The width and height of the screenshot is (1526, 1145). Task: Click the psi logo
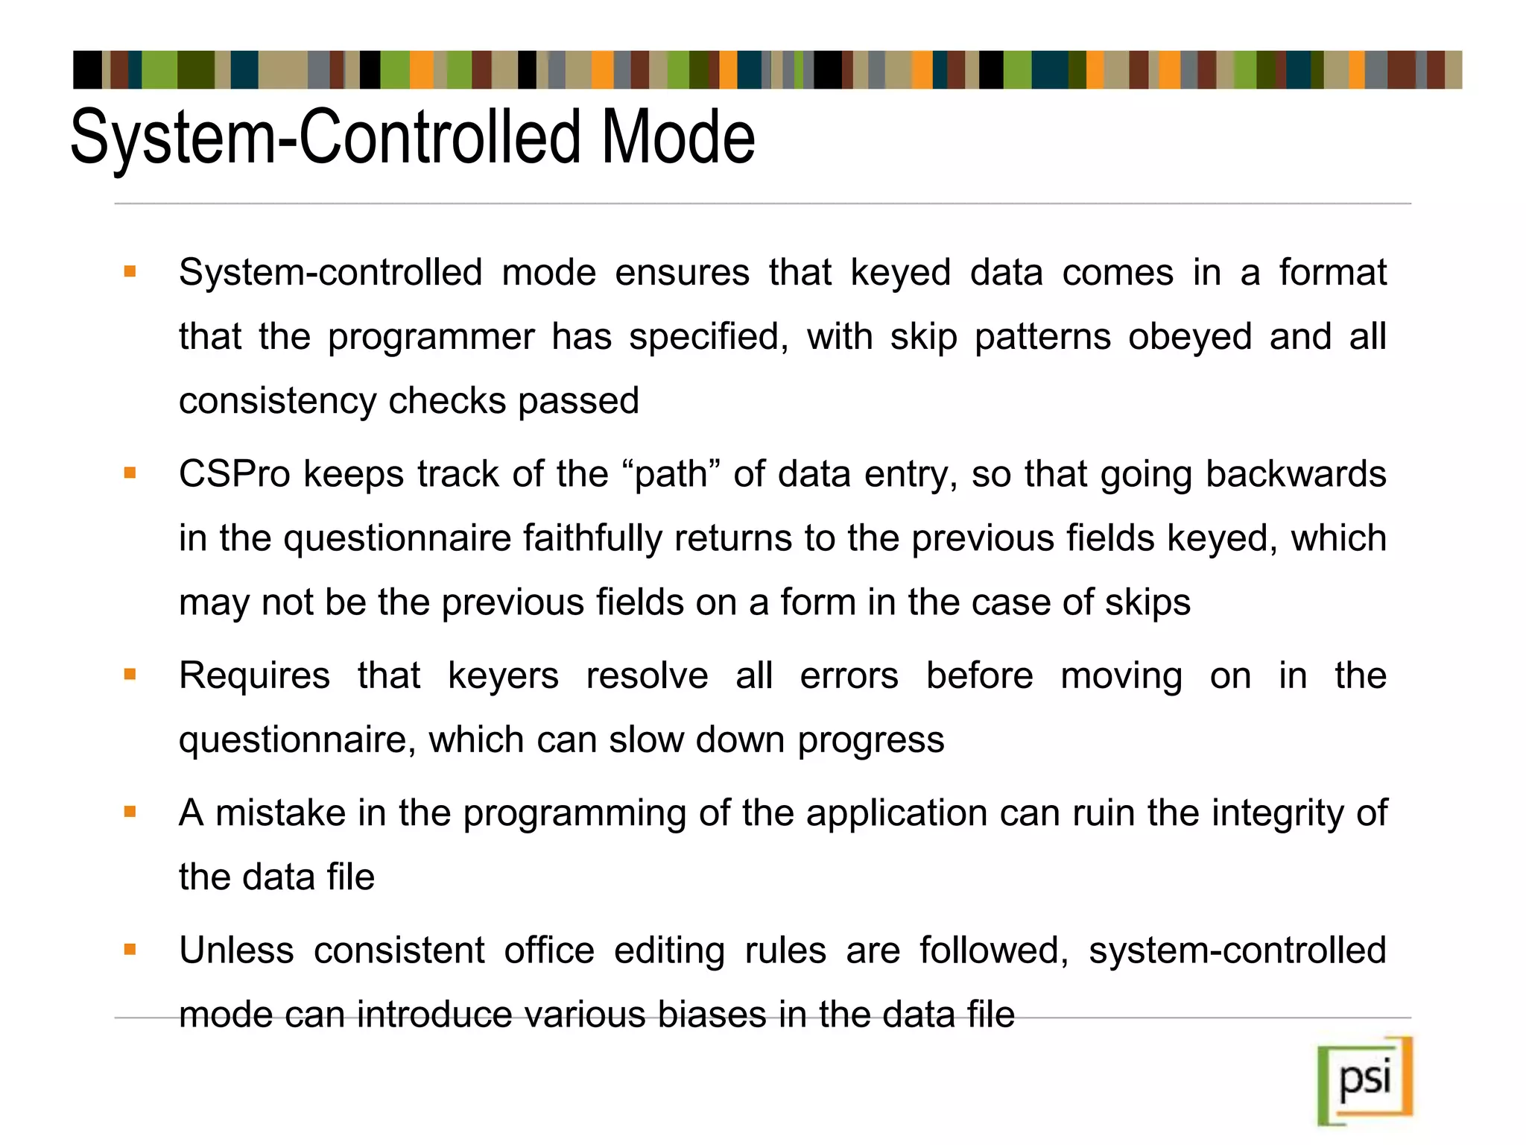[1365, 1080]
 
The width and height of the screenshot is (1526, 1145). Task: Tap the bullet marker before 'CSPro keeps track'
[130, 473]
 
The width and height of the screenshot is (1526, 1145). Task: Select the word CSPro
[234, 474]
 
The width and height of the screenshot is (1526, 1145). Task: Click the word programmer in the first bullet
[431, 337]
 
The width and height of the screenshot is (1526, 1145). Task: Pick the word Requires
[254, 676]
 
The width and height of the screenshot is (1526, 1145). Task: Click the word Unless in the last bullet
[236, 951]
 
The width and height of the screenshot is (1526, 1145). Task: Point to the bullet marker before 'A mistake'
[130, 812]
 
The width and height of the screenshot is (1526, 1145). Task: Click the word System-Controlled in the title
[325, 138]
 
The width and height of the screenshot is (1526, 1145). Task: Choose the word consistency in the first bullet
[276, 401]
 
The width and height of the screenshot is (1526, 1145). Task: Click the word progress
[870, 740]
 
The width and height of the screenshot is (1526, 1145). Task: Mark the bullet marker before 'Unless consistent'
[130, 950]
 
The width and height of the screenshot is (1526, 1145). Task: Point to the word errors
[849, 676]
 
